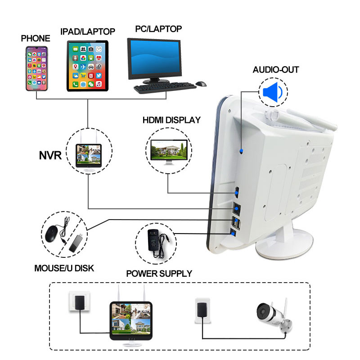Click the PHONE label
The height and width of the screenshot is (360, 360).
pyautogui.click(x=36, y=38)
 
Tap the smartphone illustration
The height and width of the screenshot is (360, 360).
pyautogui.click(x=37, y=68)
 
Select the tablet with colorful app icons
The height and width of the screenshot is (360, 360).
pyautogui.click(x=87, y=66)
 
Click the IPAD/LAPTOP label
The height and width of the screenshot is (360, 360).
pyautogui.click(x=88, y=31)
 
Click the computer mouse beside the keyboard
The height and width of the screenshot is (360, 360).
pyautogui.click(x=201, y=84)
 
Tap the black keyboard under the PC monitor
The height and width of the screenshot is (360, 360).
pyautogui.click(x=165, y=88)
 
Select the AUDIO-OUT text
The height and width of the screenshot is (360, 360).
pyautogui.click(x=276, y=70)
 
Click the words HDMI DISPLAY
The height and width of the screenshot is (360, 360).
pyautogui.click(x=171, y=120)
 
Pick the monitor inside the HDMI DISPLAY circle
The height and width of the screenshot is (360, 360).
pyautogui.click(x=169, y=152)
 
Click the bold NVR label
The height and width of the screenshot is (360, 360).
pyautogui.click(x=50, y=155)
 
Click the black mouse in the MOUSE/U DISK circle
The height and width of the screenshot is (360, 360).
pyautogui.click(x=51, y=234)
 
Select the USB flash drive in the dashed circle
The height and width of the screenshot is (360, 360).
pyautogui.click(x=76, y=243)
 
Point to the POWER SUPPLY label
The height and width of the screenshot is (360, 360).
pyautogui.click(x=159, y=274)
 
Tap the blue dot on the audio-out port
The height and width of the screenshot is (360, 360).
pyautogui.click(x=241, y=151)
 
